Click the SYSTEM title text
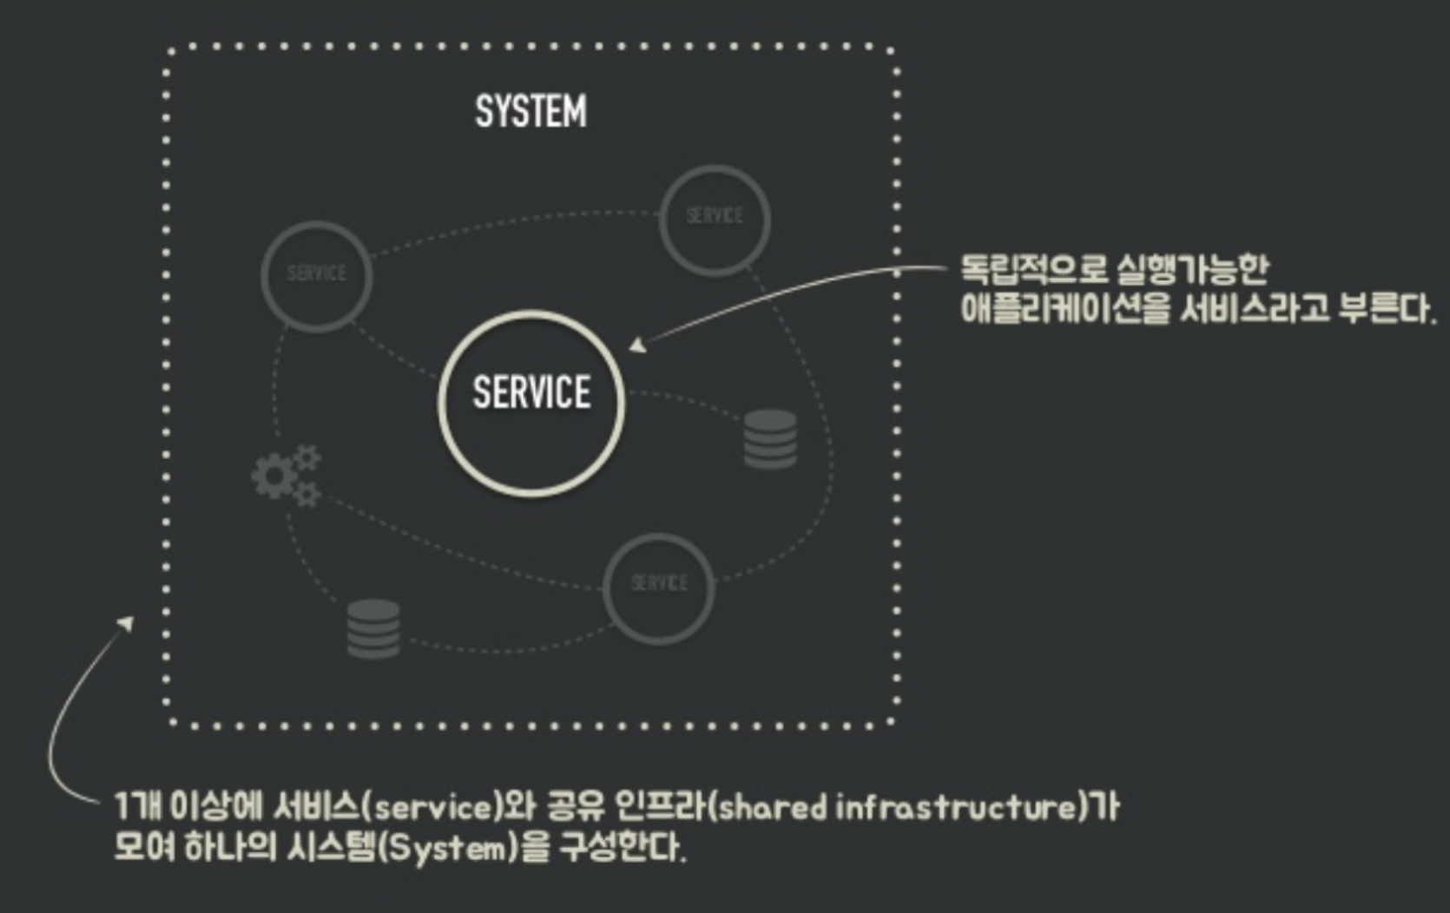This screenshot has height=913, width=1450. click(x=531, y=112)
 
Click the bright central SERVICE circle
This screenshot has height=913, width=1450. click(x=531, y=403)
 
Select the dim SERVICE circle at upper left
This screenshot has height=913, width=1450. click(x=317, y=276)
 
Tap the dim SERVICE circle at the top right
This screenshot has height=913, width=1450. click(x=715, y=220)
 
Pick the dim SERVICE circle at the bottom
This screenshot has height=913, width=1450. click(x=659, y=588)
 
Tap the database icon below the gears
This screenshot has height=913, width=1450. click(x=373, y=629)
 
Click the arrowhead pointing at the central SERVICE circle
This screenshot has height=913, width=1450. click(x=638, y=345)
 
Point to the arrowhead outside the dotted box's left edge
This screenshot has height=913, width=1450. click(x=127, y=623)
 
